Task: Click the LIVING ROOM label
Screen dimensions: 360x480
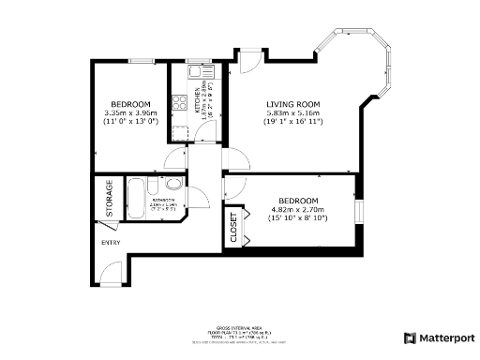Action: pyautogui.click(x=292, y=104)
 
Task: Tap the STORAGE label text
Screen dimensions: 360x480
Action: pyautogui.click(x=110, y=198)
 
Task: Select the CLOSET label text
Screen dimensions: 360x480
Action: pyautogui.click(x=233, y=228)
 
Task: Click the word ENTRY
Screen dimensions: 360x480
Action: pyautogui.click(x=112, y=242)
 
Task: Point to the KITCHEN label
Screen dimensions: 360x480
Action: pyautogui.click(x=198, y=101)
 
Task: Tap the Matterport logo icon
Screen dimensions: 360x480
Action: pyautogui.click(x=410, y=337)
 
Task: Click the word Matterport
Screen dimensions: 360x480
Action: pyautogui.click(x=446, y=337)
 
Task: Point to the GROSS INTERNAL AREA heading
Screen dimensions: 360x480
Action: pyautogui.click(x=239, y=327)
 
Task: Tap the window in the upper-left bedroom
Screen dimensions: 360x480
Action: pyautogui.click(x=142, y=61)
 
